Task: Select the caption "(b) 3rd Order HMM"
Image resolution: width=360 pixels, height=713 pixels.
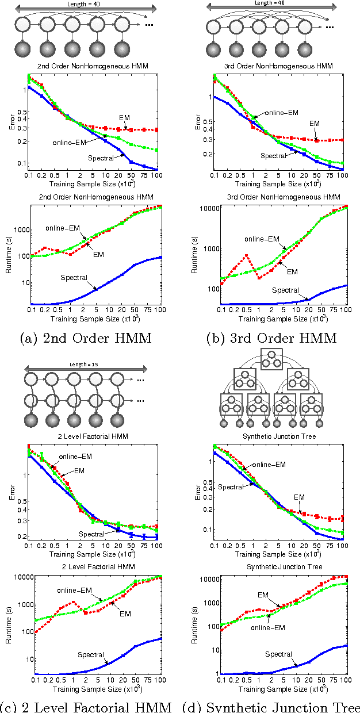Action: pyautogui.click(x=271, y=338)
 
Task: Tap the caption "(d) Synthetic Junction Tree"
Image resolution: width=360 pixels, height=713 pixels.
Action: pyautogui.click(x=271, y=706)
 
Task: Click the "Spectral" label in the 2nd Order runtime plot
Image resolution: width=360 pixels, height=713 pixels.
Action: pyautogui.click(x=74, y=278)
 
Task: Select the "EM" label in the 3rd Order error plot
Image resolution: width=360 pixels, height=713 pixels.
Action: pyautogui.click(x=314, y=123)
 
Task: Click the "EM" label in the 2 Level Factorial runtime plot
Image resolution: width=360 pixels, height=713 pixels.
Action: pyautogui.click(x=125, y=614)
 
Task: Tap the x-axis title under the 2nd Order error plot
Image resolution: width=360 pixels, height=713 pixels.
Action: pyautogui.click(x=92, y=185)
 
